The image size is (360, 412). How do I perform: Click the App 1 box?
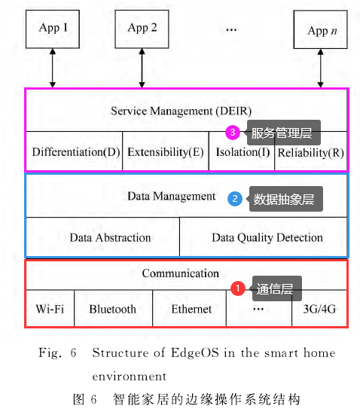coord(53,29)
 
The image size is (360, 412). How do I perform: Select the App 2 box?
coord(142,29)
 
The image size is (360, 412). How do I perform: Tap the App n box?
coord(320,29)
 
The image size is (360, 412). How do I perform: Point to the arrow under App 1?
coord(53,68)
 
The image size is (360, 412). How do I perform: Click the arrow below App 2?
coord(142,68)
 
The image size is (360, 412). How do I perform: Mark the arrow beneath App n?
coord(320,69)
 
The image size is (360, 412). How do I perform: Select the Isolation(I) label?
coord(243,152)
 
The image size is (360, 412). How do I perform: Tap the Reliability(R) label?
coord(311,153)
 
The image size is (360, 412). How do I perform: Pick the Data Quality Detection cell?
coord(264,237)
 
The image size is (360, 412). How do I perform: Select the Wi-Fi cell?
coord(50,308)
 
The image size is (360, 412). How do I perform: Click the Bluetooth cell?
coord(113,308)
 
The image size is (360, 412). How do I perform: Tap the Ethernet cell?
coord(190,308)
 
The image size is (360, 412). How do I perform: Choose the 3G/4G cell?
coord(319,308)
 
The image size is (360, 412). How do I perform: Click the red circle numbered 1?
coord(238,288)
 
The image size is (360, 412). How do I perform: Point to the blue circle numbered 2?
coord(235,199)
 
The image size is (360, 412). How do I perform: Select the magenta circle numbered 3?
coord(233,132)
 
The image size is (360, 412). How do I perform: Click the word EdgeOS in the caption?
coord(195,352)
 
